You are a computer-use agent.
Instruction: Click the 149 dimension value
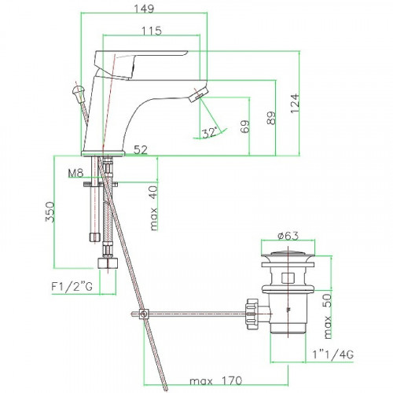(x=144, y=8)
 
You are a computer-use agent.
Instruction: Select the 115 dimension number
(x=152, y=31)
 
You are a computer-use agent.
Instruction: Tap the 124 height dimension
(x=295, y=103)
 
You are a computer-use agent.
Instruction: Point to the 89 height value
(x=271, y=118)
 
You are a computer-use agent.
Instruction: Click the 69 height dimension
(x=245, y=127)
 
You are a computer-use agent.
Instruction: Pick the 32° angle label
(x=210, y=132)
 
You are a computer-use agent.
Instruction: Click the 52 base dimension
(x=141, y=149)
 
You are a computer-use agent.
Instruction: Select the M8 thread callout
(x=75, y=173)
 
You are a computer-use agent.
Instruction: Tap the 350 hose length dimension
(x=50, y=211)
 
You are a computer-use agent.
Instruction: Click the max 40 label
(x=153, y=208)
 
